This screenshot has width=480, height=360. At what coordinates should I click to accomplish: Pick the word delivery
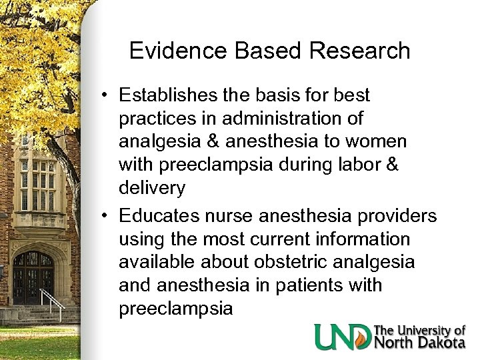pyautogui.click(x=151, y=188)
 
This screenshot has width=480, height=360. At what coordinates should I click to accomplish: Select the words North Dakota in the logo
pyautogui.click(x=420, y=343)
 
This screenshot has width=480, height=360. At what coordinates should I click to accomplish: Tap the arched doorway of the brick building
pyautogui.click(x=33, y=277)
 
